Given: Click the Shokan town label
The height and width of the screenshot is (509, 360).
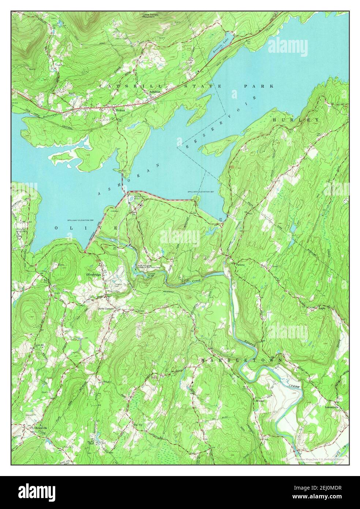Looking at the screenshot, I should [x=120, y=110].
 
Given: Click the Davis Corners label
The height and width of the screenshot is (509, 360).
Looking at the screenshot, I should [x=106, y=308].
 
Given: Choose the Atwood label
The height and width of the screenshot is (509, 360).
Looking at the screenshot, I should [x=260, y=400].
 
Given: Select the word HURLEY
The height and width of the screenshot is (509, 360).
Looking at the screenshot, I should [x=296, y=120].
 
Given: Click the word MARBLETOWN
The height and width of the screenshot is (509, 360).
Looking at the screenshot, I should [x=241, y=360].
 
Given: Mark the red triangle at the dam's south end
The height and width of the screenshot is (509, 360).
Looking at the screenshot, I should [x=85, y=252].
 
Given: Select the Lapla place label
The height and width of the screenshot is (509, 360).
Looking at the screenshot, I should [x=321, y=308].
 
